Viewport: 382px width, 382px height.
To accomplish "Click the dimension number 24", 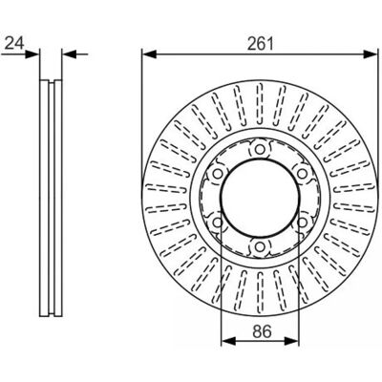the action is pos(14,43).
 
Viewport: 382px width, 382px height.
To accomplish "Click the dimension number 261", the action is pos(261,44).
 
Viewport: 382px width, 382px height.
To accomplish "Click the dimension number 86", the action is pos(263,331).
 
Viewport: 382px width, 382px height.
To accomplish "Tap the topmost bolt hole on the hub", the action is pos(260,149).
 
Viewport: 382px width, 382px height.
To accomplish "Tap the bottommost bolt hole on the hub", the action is pos(260,246).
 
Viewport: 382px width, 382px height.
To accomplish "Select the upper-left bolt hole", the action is pos(218,174).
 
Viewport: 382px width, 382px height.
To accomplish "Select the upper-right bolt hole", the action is pos(303,174).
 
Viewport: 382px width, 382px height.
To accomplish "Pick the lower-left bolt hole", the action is pos(218,223).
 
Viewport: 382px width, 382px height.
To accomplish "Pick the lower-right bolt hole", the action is pos(303,223).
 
